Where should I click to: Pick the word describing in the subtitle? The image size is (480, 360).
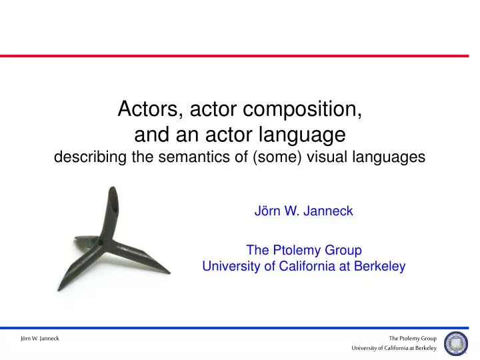coord(87,157)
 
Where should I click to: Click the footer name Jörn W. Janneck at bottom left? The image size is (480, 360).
coord(39,339)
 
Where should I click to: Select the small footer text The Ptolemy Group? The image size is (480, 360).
coord(413,339)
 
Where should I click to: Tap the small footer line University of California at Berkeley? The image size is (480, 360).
coord(395,349)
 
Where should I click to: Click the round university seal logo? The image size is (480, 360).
coord(456,343)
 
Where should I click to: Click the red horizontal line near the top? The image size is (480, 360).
coord(240,56)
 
